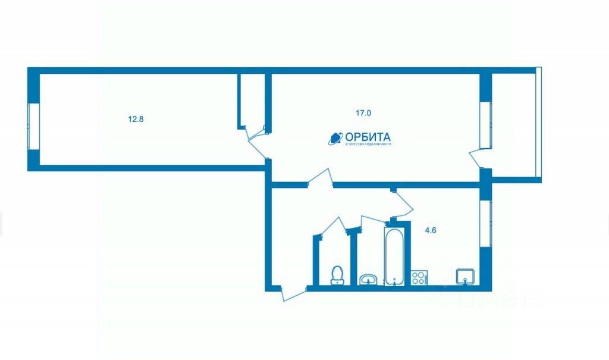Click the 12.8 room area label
click(136, 119)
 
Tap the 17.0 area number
click(364, 112)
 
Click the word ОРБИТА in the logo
click(365, 136)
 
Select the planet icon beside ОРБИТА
click(335, 138)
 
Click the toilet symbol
click(337, 276)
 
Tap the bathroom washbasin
click(369, 278)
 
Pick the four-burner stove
click(419, 277)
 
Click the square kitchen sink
click(464, 276)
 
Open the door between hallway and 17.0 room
click(319, 179)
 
